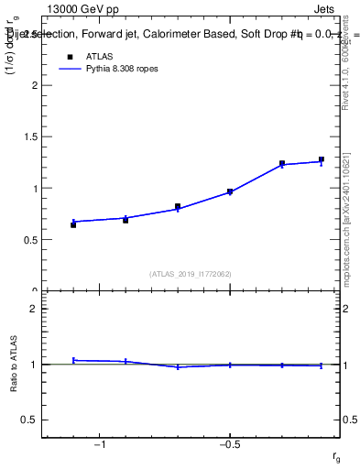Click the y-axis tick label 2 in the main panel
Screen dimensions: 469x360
coord(34,85)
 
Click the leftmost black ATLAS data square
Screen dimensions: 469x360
coord(73,224)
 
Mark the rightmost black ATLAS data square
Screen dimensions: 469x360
coord(322,159)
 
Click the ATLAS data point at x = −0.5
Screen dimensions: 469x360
coord(230,192)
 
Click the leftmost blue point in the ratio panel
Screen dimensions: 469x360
coord(73,360)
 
